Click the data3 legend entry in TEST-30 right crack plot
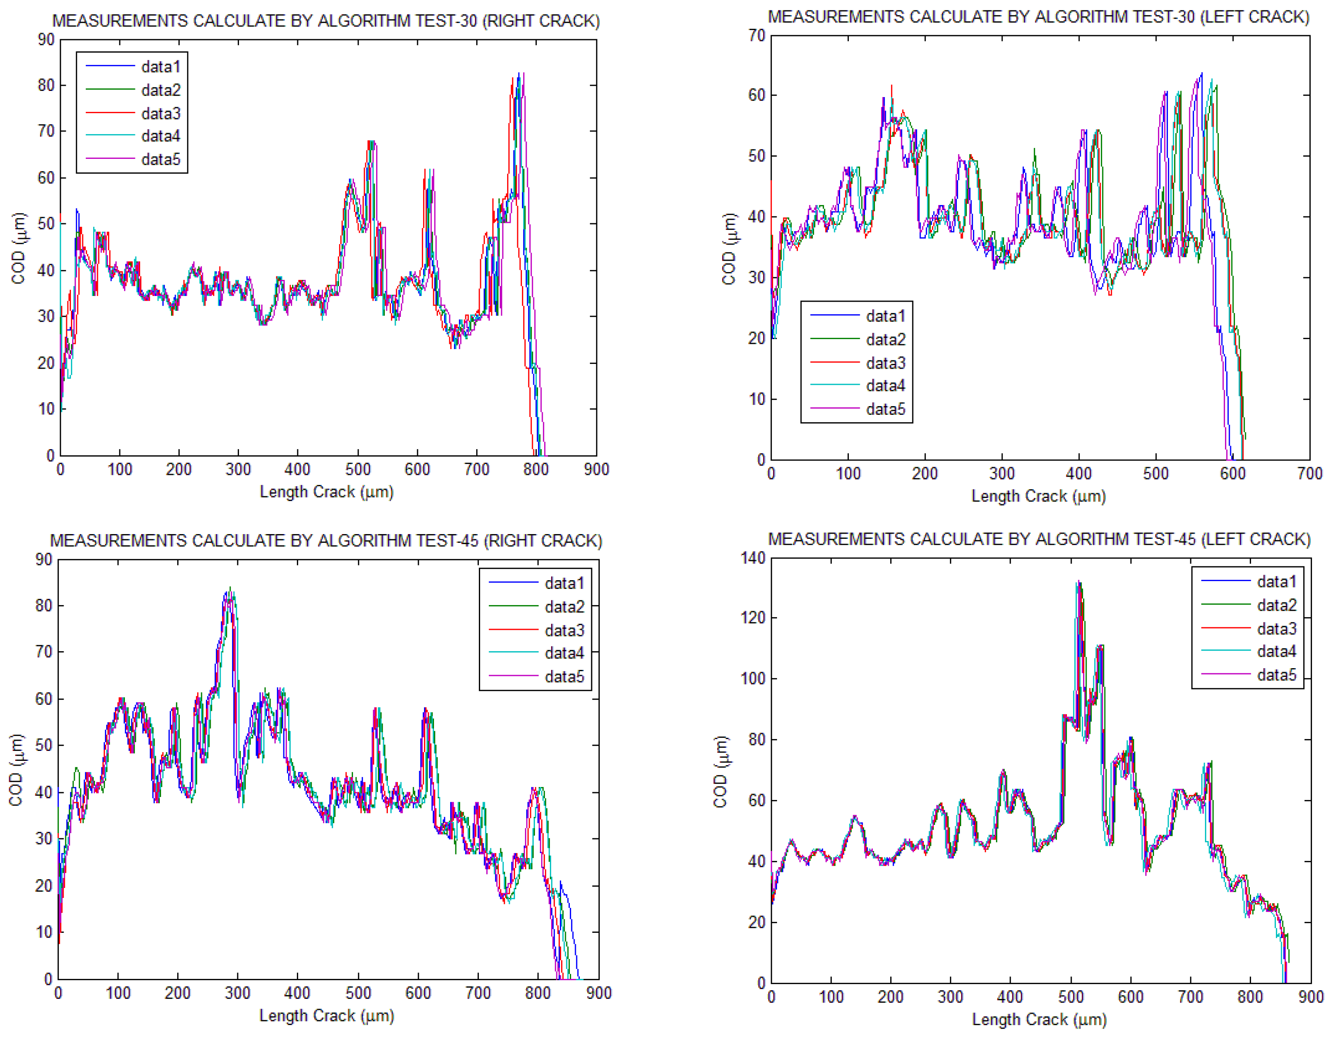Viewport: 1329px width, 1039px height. tap(161, 113)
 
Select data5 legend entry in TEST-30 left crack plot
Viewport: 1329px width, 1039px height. tap(885, 409)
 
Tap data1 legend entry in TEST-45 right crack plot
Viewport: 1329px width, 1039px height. tap(564, 583)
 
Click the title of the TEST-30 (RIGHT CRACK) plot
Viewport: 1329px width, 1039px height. tap(326, 21)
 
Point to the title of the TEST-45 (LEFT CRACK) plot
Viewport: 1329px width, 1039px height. tap(1039, 539)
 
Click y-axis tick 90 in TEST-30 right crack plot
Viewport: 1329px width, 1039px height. tap(46, 40)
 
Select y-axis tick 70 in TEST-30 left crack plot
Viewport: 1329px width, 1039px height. tap(757, 35)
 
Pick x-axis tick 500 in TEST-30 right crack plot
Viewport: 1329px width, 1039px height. tap(358, 469)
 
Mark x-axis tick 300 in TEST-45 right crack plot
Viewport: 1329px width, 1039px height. tap(237, 993)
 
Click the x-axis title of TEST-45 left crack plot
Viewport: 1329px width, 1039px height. tap(1039, 1019)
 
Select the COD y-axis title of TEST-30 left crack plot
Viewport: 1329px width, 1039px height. tap(728, 248)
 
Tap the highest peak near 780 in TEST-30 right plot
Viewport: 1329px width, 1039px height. tap(518, 74)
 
